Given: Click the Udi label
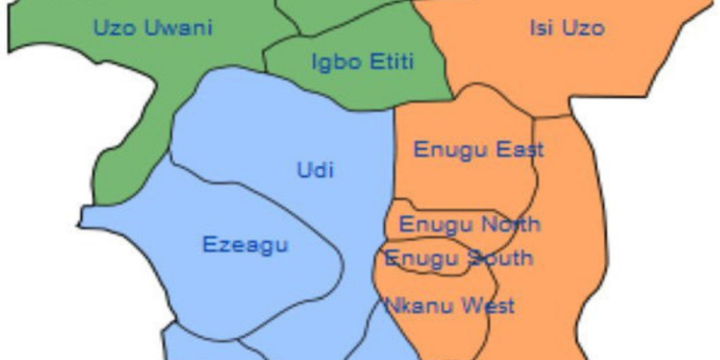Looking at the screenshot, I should (x=315, y=172).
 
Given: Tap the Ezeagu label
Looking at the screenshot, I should (x=245, y=245).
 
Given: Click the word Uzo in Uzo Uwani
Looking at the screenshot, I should (x=111, y=28).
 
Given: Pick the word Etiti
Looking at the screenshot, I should (x=391, y=63).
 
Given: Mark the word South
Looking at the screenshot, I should (x=501, y=258).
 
